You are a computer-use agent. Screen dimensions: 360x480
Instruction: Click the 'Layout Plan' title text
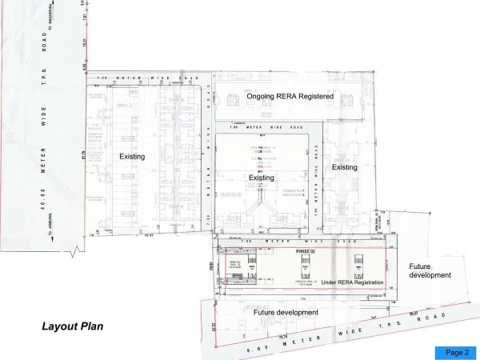(73, 326)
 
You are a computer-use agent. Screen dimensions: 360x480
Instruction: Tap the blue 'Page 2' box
(456, 352)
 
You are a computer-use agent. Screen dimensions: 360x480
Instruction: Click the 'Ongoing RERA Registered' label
(290, 96)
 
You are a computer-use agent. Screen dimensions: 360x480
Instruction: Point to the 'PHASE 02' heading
(306, 252)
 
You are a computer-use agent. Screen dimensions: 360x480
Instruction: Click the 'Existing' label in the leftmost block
(132, 157)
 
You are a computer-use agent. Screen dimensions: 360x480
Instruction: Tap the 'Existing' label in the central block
(261, 178)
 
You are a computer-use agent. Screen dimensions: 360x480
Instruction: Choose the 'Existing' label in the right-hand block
(345, 167)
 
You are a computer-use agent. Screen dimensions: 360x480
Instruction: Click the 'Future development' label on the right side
(430, 270)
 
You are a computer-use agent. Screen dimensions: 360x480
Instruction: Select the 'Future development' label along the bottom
(286, 312)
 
